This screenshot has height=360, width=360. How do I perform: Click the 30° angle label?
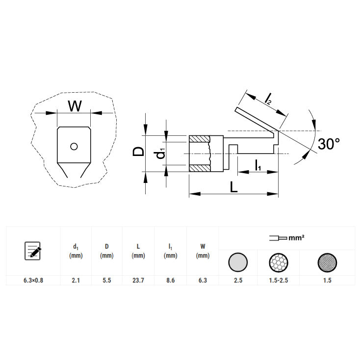329,144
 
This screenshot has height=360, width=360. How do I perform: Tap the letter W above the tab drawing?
75,106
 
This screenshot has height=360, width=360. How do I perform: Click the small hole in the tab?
74,147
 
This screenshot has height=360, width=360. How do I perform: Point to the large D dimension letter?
138,152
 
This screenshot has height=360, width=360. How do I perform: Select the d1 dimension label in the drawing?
161,154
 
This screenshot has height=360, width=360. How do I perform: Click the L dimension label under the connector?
233,187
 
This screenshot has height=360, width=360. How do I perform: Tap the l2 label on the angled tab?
268,99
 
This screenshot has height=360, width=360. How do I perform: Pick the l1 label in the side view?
258,165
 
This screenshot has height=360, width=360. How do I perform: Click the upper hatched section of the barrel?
199,139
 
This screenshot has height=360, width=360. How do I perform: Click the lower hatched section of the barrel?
200,168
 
